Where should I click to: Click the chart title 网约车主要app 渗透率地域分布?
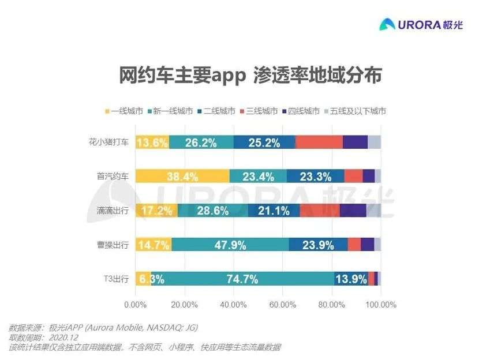250,76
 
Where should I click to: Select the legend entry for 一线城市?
124,111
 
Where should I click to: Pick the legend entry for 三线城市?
259,111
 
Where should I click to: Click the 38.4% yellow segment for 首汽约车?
182,177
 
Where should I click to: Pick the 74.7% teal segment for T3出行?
242,279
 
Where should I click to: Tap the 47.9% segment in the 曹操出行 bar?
230,245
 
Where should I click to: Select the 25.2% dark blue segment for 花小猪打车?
264,142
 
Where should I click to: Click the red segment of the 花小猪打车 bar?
319,142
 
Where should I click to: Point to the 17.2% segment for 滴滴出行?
156,211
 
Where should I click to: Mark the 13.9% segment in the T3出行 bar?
351,279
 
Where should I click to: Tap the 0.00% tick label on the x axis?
135,304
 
